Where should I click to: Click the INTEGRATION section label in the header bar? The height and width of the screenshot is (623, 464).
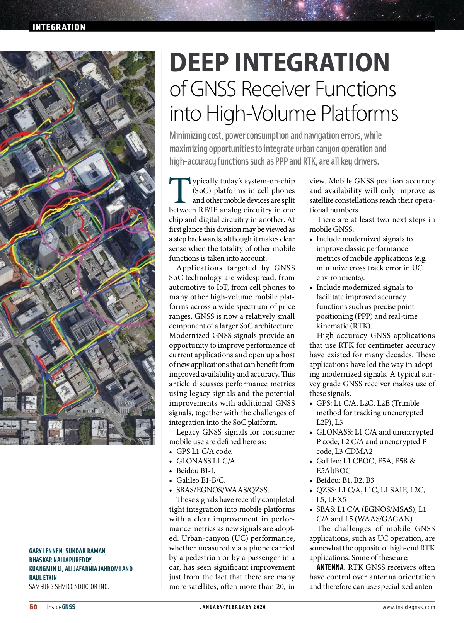(59, 27)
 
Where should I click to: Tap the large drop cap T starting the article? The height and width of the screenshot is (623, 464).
(180, 190)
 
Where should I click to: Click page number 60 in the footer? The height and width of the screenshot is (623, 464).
(34, 607)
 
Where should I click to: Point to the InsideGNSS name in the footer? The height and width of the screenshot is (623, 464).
(61, 607)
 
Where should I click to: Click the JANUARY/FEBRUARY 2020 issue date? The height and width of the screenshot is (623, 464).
(233, 607)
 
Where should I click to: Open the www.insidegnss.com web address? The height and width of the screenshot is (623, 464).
(408, 607)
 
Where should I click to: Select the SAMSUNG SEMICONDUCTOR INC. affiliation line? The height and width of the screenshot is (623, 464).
(69, 587)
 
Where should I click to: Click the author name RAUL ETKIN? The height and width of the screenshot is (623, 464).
(43, 578)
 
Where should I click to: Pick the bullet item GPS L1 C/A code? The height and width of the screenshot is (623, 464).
(204, 451)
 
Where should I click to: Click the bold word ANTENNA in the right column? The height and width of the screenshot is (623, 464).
(331, 567)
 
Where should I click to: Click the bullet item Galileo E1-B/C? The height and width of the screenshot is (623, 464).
(201, 480)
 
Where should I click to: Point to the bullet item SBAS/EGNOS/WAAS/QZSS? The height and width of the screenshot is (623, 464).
(222, 490)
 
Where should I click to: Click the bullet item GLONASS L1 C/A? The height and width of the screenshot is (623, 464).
(206, 461)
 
